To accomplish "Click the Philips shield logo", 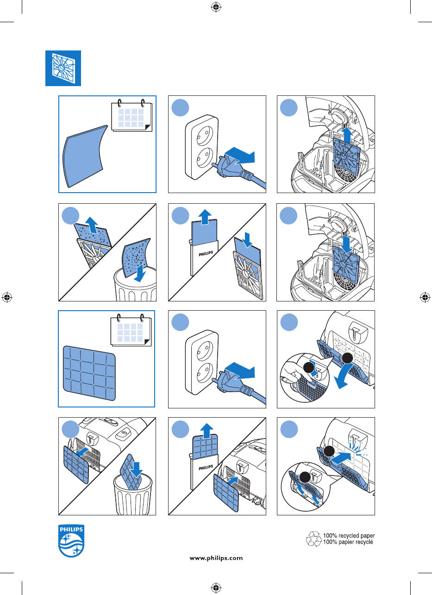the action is coord(71,541).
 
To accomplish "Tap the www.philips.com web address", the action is coord(216,558).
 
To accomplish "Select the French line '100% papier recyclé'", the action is coord(348,542).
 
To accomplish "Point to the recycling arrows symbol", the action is coord(314,539).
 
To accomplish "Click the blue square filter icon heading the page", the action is coord(63,68).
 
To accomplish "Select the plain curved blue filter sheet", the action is coord(85,156).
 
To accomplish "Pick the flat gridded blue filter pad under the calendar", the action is coord(89,373).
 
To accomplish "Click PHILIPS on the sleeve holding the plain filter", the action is coord(206,254).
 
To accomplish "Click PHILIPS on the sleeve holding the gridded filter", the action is coord(206,468).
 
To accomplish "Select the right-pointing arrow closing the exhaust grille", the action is coord(341,458).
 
